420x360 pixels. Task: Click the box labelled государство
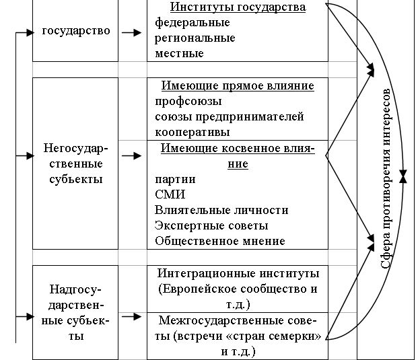(75, 31)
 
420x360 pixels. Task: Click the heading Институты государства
(238, 7)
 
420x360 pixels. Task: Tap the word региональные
(195, 38)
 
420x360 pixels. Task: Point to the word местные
(178, 52)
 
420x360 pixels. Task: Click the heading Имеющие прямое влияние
(238, 85)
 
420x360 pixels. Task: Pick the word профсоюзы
(187, 102)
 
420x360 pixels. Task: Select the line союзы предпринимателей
(229, 116)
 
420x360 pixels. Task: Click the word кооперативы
(193, 132)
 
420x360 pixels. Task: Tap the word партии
(175, 179)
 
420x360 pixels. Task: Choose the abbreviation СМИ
(170, 194)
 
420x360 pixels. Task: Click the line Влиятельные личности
(221, 210)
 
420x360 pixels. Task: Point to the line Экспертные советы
(211, 225)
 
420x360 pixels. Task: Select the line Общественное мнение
(219, 241)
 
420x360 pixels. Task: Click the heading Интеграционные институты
(238, 274)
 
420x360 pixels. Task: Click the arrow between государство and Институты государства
(133, 31)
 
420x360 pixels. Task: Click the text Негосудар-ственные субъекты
(75, 164)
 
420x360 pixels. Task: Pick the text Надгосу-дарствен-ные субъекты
(75, 312)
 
